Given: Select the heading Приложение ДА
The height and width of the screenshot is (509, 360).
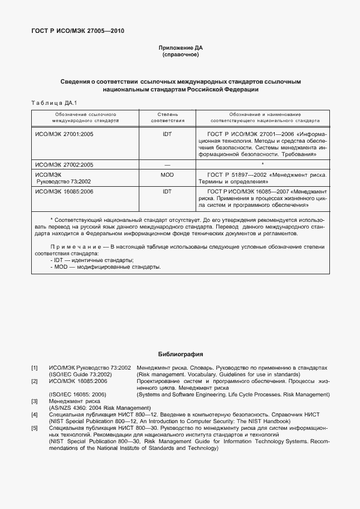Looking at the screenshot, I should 180,49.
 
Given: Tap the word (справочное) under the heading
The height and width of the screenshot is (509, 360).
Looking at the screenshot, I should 180,55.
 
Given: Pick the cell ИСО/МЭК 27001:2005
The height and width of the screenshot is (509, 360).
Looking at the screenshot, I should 64,134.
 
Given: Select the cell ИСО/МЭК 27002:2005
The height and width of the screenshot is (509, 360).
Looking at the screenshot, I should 64,164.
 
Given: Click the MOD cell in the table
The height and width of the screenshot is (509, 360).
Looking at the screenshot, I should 167,174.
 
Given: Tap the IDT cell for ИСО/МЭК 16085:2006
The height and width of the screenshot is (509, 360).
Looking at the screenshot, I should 167,191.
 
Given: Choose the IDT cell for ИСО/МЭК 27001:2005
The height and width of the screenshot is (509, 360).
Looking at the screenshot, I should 167,134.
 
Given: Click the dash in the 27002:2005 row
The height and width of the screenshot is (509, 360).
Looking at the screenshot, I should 167,165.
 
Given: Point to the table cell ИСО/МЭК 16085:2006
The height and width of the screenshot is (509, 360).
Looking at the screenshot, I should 64,191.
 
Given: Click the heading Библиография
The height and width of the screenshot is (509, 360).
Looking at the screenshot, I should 180,353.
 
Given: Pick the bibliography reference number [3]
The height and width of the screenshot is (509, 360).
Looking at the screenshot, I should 35,401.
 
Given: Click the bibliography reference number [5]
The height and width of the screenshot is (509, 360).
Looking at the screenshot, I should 35,428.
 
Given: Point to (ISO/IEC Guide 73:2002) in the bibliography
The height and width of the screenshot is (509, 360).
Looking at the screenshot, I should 80,375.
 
